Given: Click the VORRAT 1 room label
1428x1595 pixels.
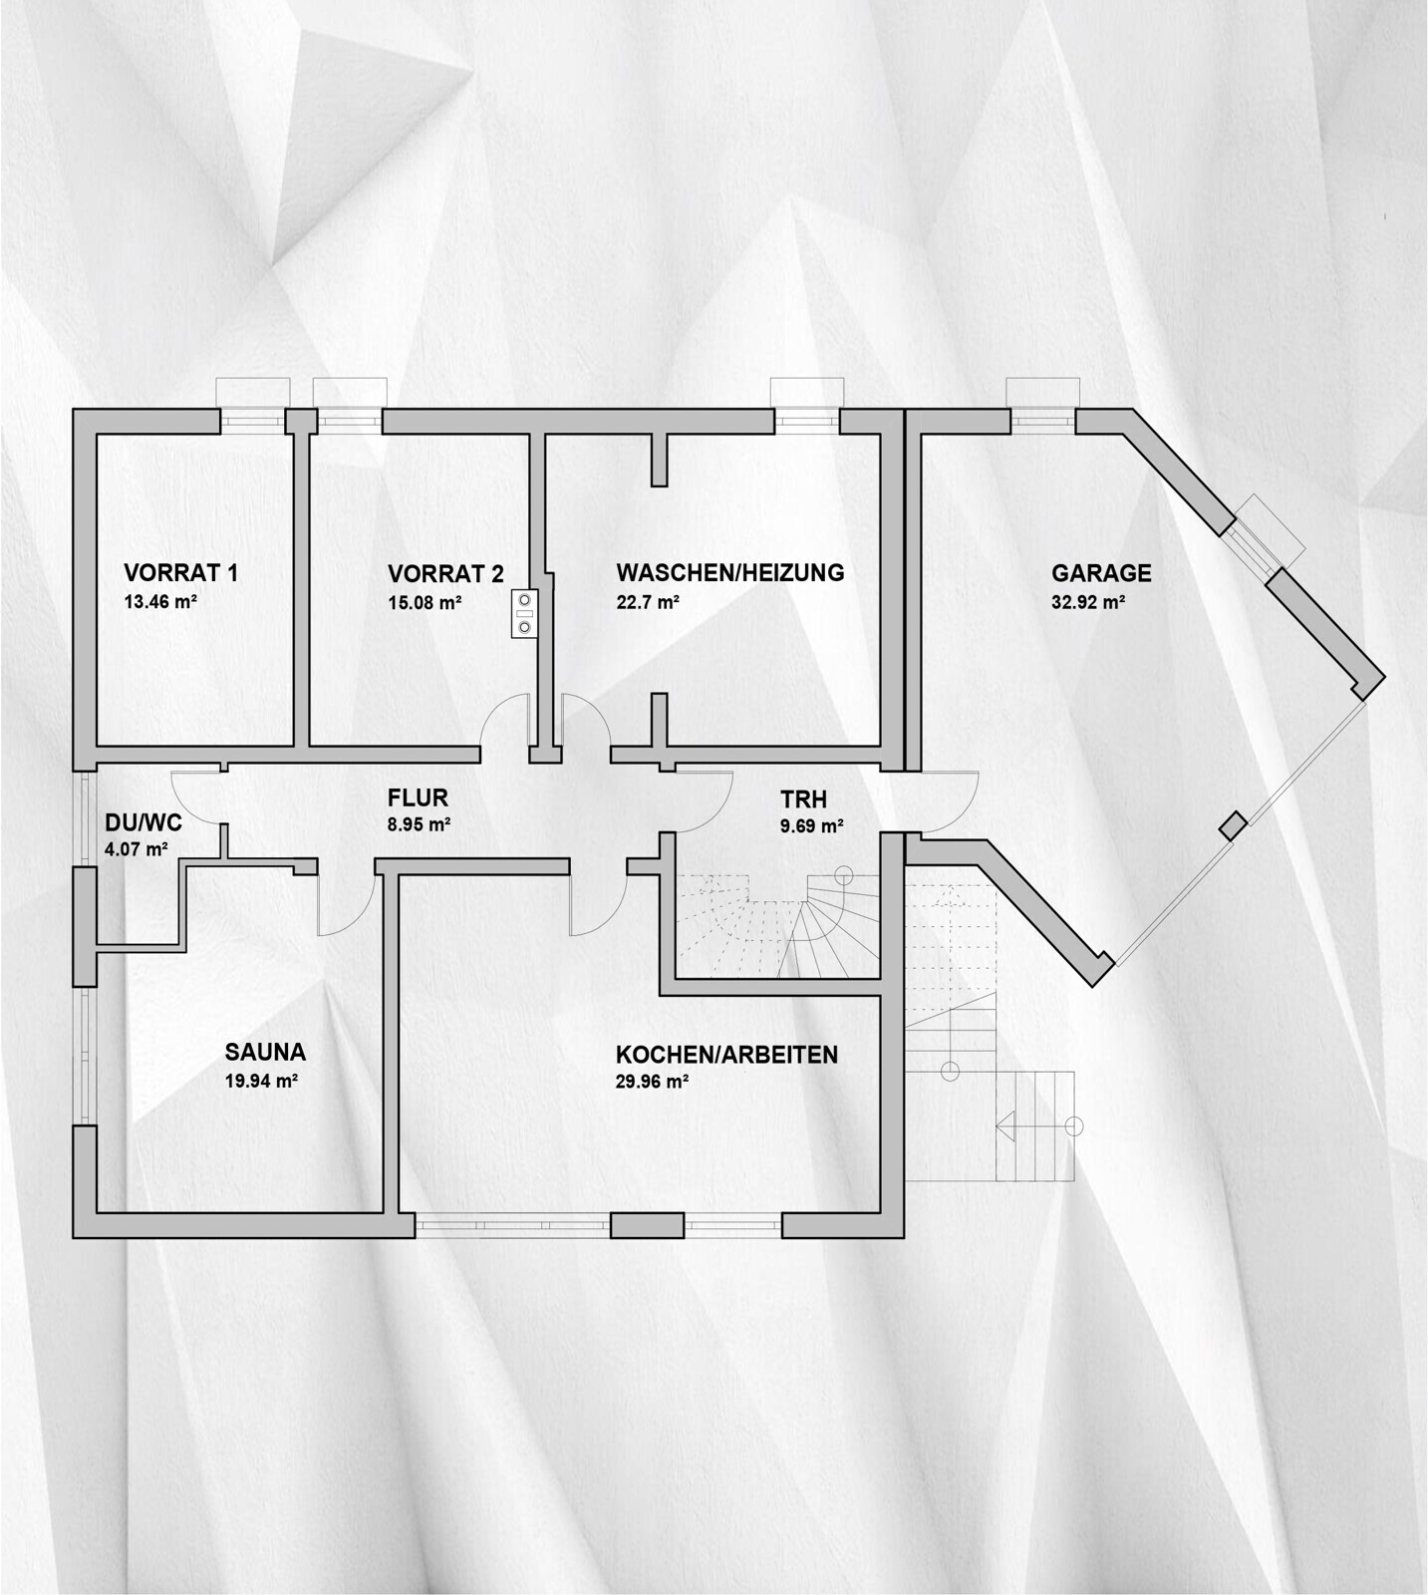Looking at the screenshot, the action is point(180,573).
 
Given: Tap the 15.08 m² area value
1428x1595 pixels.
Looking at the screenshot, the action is point(425,603).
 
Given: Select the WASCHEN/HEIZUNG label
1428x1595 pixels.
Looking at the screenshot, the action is point(730,573).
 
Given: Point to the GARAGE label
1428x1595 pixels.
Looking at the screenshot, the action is point(1101,573).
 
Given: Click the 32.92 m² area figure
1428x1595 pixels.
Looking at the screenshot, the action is point(1088,603).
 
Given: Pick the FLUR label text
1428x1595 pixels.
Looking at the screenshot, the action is point(418,797).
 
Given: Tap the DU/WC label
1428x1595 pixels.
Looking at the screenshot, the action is point(143,822).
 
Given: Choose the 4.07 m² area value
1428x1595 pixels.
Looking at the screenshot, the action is point(136,850).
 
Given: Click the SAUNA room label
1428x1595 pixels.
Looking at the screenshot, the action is point(265,1052).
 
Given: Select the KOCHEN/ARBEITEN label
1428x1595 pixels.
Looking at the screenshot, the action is point(726,1055).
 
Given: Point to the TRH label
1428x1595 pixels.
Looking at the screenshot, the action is point(803,799).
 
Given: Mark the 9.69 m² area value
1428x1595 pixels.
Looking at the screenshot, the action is point(812,826).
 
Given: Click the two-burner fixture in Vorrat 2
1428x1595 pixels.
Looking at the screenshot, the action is point(524,614).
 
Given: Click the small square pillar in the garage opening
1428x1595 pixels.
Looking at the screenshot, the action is point(1234,826).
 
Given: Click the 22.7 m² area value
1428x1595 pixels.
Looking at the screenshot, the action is point(648,603).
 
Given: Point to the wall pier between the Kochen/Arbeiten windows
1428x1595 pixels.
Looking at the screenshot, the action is point(648,1225).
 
